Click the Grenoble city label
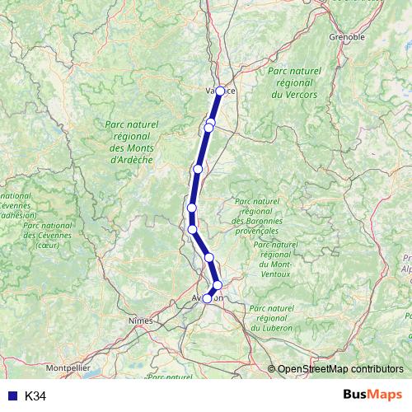346,37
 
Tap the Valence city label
220,91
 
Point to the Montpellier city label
68,367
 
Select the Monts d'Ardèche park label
132,143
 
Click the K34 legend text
35,396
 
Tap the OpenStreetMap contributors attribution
340,370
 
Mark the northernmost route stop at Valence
220,91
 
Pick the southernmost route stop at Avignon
208,298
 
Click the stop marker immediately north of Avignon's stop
218,285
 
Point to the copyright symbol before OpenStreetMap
272,370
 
